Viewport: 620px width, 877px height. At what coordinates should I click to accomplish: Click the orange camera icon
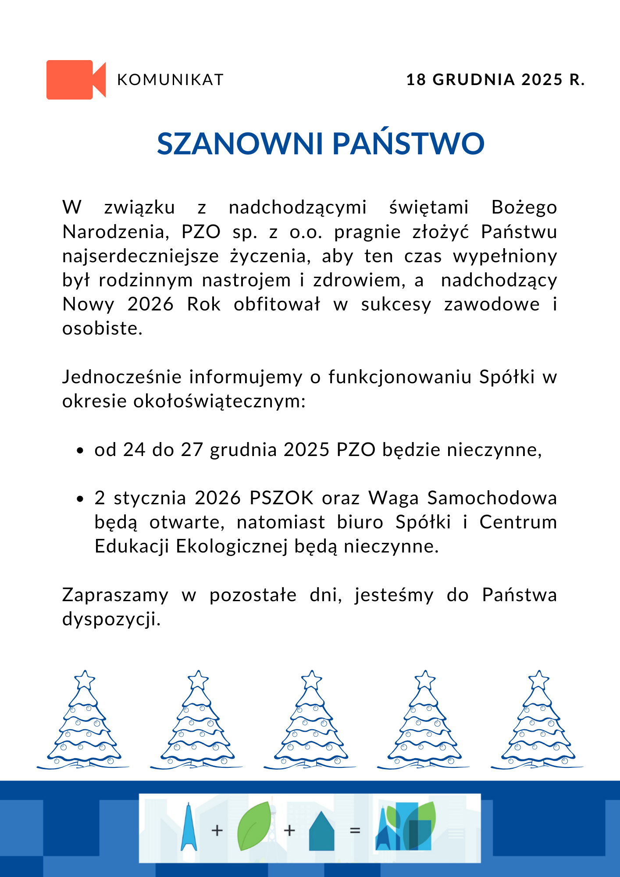click(x=75, y=79)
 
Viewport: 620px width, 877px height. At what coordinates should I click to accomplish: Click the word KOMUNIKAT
click(x=171, y=80)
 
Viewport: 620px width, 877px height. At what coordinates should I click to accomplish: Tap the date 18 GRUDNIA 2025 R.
click(x=495, y=80)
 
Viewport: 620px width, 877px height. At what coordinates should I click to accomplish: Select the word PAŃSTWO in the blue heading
click(x=408, y=144)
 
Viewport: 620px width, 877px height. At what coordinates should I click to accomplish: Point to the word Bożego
click(x=524, y=207)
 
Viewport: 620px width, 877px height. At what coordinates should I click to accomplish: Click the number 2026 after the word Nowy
click(x=150, y=304)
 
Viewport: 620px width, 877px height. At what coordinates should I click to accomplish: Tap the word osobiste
click(x=102, y=328)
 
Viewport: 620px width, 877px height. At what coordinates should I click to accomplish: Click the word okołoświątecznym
click(x=183, y=401)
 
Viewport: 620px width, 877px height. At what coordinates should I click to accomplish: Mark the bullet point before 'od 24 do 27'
click(x=80, y=450)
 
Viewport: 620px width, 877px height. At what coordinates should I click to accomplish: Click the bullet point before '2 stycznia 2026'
click(x=80, y=499)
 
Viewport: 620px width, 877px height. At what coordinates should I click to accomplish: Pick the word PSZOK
click(x=281, y=498)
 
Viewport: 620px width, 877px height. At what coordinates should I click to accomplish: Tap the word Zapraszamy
click(x=115, y=595)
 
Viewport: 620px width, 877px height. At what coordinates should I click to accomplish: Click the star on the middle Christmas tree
click(x=312, y=680)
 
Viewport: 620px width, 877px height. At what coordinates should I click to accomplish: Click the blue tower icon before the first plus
click(x=189, y=827)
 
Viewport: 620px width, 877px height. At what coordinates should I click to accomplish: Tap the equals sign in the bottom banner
click(x=355, y=831)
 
